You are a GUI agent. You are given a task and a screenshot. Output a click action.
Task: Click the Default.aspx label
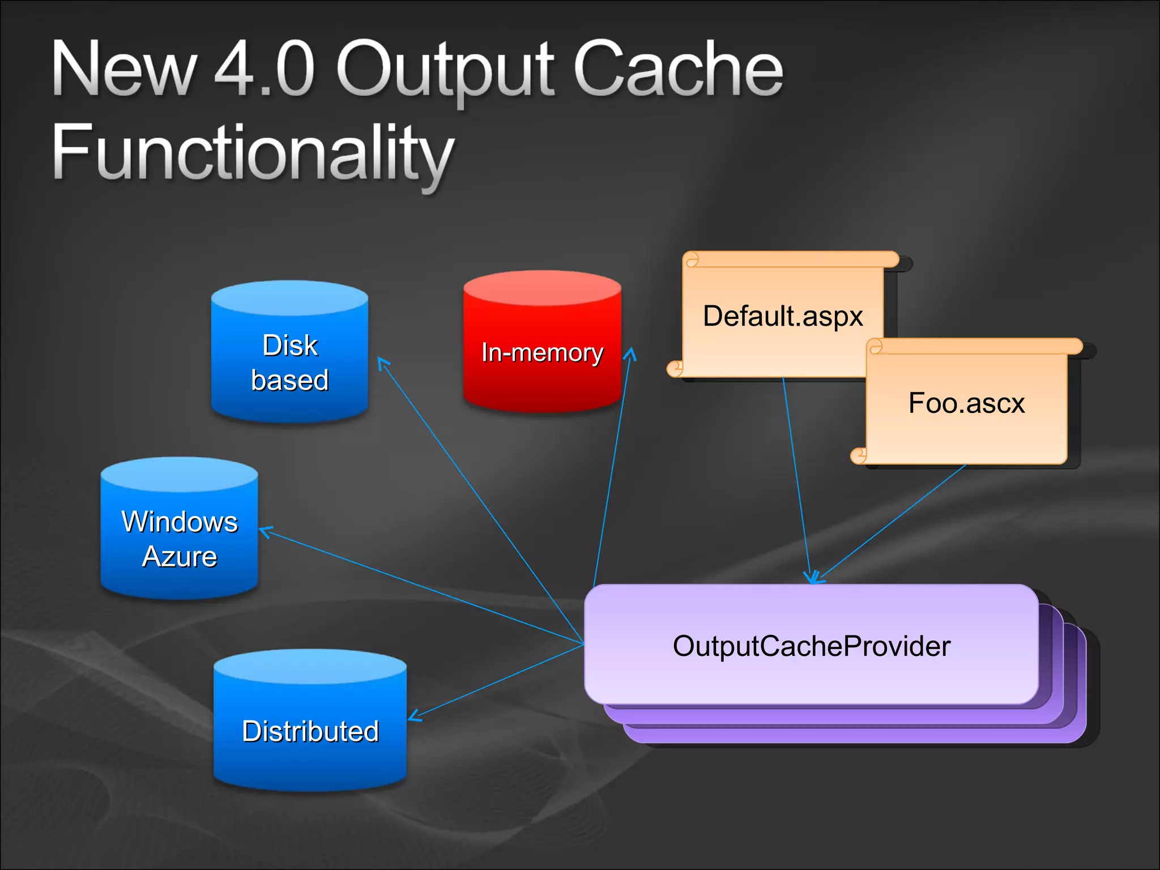coord(783,316)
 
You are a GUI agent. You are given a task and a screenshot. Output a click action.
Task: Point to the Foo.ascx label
coord(966,403)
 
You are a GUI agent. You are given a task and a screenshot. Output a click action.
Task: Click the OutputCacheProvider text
coord(811,646)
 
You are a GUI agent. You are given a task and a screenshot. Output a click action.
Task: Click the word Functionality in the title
coord(253,153)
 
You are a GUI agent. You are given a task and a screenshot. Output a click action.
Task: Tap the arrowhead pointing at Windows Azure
coord(265,531)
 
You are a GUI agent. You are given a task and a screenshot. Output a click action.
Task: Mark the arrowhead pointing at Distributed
coord(413,716)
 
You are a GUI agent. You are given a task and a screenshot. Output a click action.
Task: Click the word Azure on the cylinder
coord(180,556)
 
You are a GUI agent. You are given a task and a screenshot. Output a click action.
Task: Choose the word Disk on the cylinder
coord(290,345)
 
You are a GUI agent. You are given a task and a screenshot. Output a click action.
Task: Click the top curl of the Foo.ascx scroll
coord(876,347)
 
